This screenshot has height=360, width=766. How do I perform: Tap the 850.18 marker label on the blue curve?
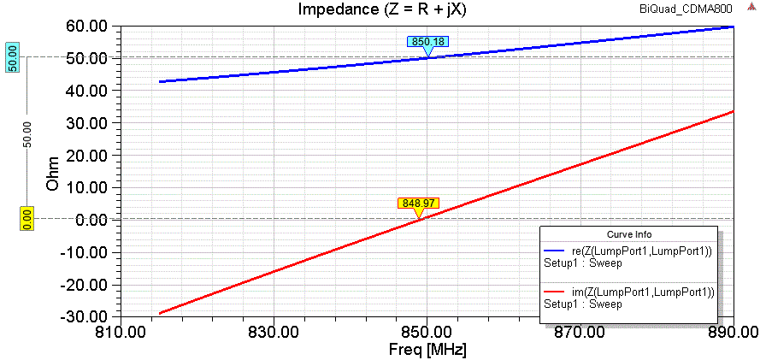coord(428,41)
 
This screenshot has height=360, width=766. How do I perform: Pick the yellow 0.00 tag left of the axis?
coord(26,219)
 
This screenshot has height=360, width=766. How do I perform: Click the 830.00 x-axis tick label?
coord(274,331)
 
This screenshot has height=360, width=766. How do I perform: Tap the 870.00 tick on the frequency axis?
coord(580,331)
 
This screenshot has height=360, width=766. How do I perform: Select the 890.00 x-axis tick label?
coord(733,331)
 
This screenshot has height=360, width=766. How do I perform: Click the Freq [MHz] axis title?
coord(427,349)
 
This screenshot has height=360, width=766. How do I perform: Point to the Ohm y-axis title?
coord(53,171)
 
